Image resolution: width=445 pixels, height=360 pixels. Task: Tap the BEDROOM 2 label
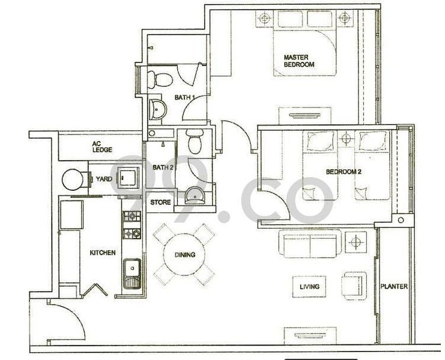click(342, 172)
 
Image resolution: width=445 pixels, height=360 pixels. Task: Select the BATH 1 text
click(184, 97)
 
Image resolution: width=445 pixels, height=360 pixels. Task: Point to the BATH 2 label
click(163, 167)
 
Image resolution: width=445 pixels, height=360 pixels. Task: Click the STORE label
click(160, 202)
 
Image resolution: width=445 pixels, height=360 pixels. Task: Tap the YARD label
click(104, 178)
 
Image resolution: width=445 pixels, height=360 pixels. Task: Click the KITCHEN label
click(102, 253)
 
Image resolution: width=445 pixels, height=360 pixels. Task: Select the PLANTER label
click(394, 286)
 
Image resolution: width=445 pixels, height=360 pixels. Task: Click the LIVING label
click(309, 286)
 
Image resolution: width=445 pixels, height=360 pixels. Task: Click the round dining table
click(185, 254)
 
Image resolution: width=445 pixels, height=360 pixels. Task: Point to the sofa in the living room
click(309, 245)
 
